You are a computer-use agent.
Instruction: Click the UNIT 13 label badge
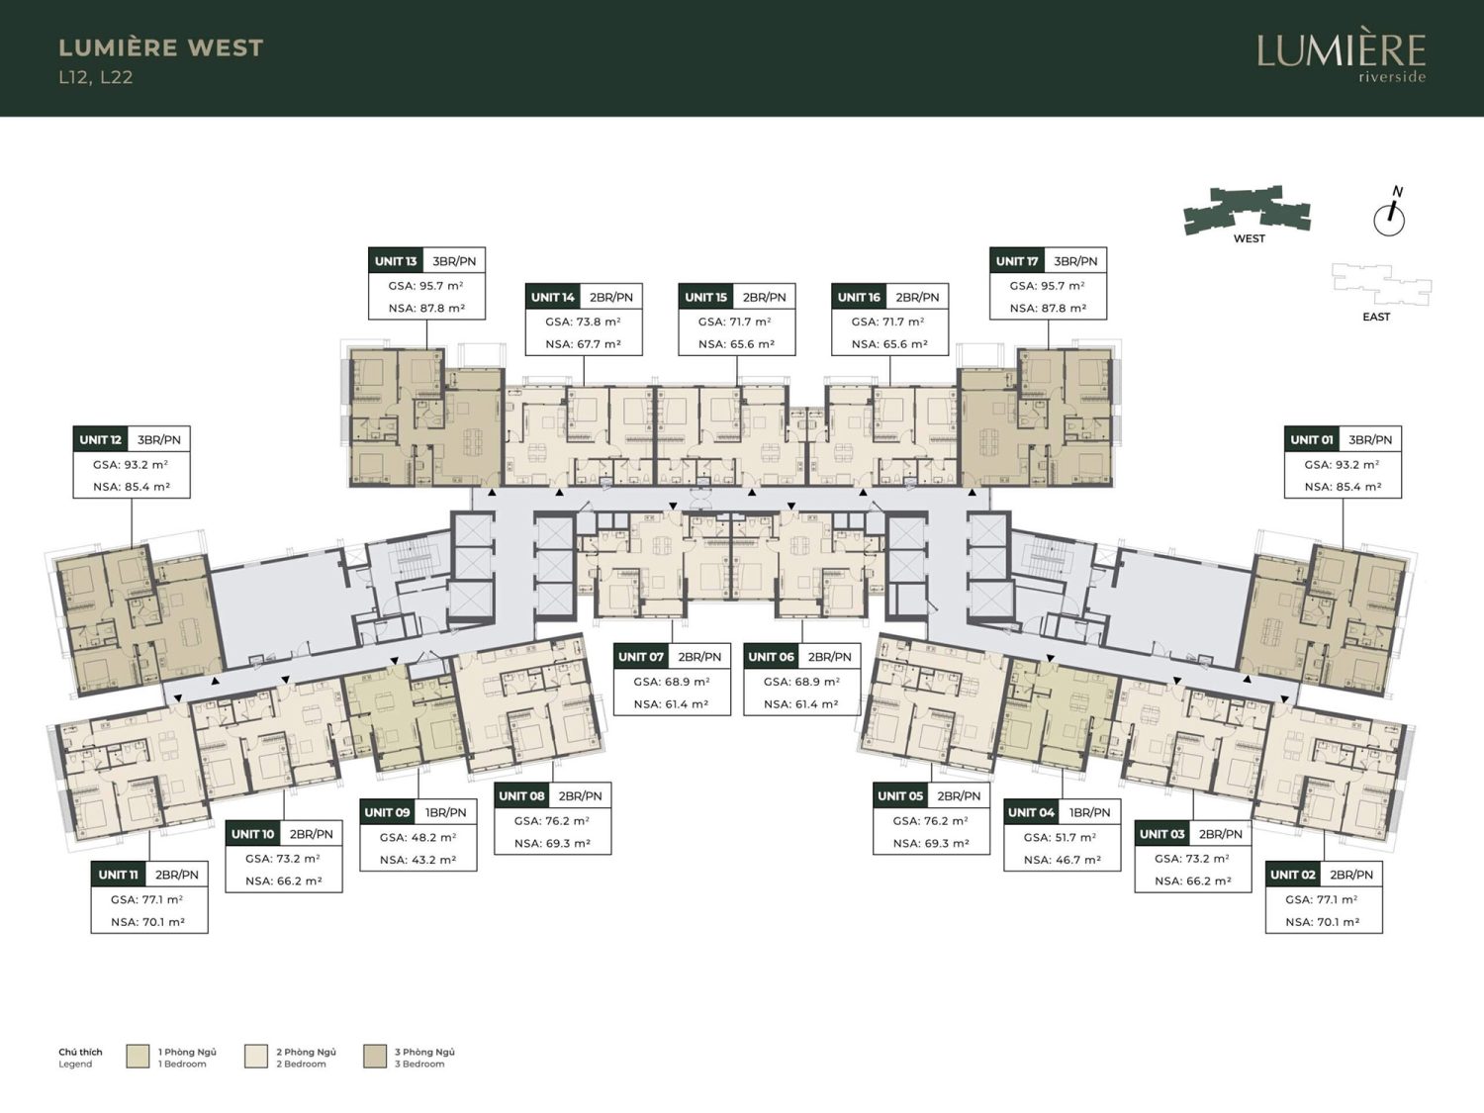coord(396,261)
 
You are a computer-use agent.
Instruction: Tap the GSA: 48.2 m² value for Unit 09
coord(417,837)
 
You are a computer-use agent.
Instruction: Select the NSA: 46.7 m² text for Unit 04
coord(1063,860)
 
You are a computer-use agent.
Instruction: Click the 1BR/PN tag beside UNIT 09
coord(445,812)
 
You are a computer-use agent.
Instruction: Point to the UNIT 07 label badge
coord(641,656)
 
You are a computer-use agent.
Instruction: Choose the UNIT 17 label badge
coord(1017,261)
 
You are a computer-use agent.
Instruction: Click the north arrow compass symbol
coord(1389,214)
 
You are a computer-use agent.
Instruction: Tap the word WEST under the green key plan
coord(1249,238)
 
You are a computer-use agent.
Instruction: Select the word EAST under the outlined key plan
coord(1376,317)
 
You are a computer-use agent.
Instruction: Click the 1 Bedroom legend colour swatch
coord(138,1057)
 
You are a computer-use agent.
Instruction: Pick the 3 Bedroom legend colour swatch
coord(375,1057)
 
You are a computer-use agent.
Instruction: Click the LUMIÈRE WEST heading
coord(161,47)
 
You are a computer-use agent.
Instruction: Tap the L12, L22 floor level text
coord(95,77)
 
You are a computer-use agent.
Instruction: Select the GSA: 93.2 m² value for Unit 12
coord(132,465)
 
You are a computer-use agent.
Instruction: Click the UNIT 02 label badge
coord(1293,875)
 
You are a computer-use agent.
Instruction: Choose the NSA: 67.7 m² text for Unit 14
coord(584,344)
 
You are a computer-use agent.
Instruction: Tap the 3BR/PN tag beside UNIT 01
coord(1370,439)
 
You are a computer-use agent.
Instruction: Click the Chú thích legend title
coord(80,1053)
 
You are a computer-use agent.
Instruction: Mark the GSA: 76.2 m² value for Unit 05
coord(931,821)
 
